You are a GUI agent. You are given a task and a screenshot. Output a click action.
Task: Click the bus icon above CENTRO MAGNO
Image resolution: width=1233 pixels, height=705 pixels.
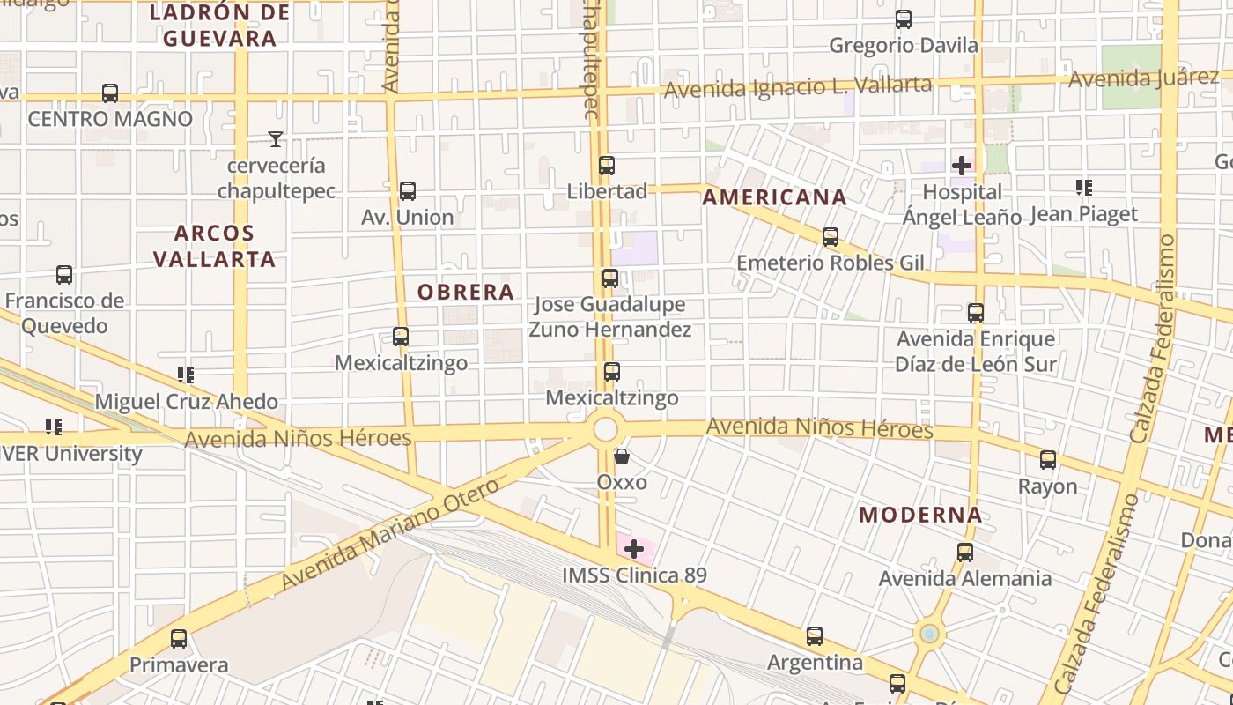pos(110,93)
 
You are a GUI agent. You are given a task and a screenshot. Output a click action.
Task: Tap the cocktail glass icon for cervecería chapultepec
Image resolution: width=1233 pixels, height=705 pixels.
pos(276,139)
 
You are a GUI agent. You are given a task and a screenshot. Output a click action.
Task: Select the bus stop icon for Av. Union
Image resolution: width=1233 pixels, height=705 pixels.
pos(407,191)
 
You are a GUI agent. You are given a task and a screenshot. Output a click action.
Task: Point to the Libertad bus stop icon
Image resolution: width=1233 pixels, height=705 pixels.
pos(607,166)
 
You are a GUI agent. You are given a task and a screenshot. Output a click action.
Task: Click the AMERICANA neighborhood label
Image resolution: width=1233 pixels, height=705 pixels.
pos(774,197)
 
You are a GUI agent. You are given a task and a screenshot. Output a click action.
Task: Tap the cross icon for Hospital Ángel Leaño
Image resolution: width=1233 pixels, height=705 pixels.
pos(962,166)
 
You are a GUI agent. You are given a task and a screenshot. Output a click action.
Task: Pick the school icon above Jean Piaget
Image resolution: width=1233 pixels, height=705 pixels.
pos(1083,188)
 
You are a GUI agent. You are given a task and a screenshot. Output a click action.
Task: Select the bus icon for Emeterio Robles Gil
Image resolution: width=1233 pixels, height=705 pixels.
pos(830,237)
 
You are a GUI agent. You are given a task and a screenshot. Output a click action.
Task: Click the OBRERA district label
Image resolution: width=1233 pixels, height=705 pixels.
pos(465,292)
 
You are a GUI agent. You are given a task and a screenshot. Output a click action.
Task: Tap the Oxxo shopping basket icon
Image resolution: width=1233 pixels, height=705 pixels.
pos(622,456)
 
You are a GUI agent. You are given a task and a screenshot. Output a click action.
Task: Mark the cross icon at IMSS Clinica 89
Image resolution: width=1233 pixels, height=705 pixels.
pos(634,550)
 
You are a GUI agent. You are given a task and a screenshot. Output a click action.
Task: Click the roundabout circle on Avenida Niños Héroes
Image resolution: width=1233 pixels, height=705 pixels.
pos(605,430)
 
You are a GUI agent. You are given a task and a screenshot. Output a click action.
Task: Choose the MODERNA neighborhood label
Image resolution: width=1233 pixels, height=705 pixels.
pos(920,515)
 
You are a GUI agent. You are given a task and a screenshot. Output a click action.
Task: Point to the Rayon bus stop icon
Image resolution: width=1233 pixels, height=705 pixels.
pos(1047,460)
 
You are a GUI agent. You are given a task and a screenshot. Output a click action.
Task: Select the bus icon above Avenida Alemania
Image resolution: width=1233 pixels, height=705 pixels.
pos(965,553)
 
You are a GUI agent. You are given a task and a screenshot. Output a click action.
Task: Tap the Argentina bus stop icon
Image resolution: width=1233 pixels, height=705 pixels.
pos(815,636)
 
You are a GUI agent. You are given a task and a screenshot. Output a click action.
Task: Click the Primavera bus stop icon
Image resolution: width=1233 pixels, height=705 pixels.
pos(179,639)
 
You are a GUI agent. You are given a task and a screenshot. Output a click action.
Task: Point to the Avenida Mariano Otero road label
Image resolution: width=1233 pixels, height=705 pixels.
pos(390,534)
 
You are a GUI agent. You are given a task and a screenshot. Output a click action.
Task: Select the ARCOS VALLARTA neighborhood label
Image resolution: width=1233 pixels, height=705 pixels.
pos(214,246)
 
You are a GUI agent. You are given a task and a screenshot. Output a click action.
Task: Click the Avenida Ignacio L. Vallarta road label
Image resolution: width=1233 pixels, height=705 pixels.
pos(797,87)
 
